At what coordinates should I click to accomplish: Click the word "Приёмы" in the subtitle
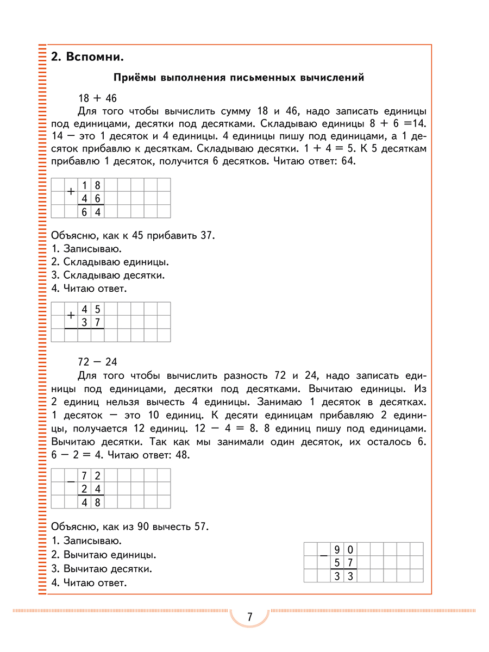point(134,78)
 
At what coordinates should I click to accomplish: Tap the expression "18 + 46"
point(98,98)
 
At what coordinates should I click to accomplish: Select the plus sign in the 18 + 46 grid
point(71,191)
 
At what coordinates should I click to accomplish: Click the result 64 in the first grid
point(91,212)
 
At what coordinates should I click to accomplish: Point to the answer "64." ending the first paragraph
point(347,161)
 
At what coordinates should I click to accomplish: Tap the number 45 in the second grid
point(91,309)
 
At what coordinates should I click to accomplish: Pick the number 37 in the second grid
point(91,322)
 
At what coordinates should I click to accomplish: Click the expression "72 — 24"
point(98,362)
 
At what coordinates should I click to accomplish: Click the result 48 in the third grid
point(91,502)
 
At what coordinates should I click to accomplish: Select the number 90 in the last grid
point(343,549)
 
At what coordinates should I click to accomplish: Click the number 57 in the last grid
point(343,562)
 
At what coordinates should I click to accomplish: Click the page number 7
point(249,617)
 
